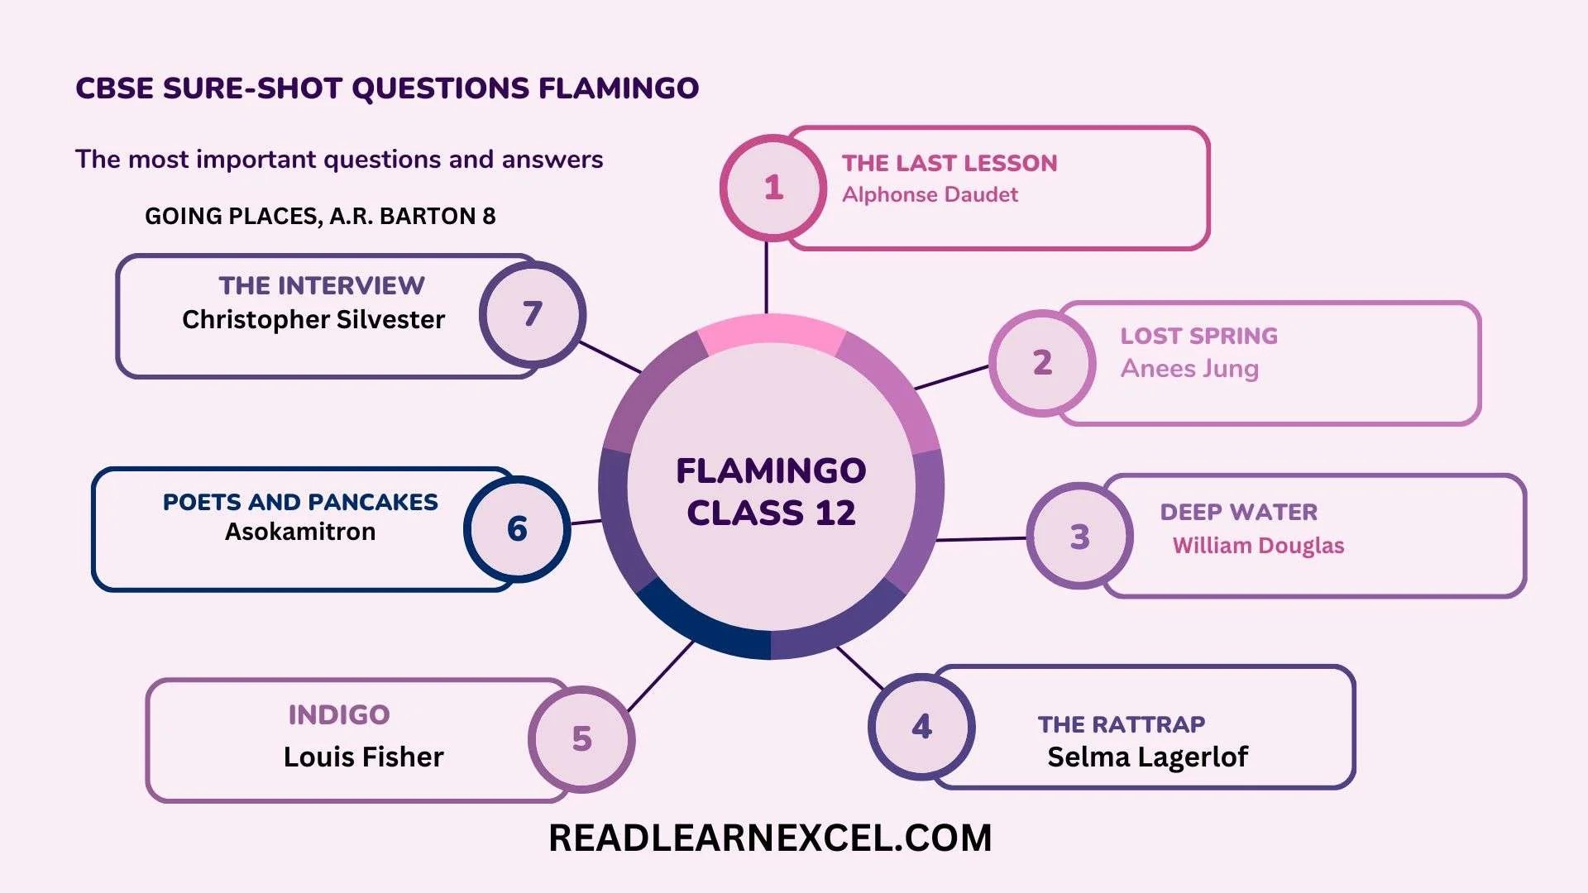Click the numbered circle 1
[x=773, y=188]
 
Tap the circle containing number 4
[x=921, y=727]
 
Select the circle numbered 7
[x=533, y=314]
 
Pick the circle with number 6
[x=517, y=528]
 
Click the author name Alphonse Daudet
[x=930, y=195]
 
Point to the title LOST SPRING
[x=1198, y=336]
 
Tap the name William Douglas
[x=1258, y=546]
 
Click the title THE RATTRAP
[x=1121, y=724]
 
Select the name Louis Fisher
[x=363, y=757]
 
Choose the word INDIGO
[x=339, y=714]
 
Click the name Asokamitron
[x=300, y=532]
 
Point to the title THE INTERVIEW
[x=322, y=285]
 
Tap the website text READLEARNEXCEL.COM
[x=770, y=838]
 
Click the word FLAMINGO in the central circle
[x=771, y=470]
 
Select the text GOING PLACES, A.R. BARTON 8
[x=320, y=216]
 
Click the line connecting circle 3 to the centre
[x=982, y=539]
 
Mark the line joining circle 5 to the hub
[x=660, y=676]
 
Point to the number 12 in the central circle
[x=835, y=513]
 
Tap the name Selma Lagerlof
[x=1147, y=757]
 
